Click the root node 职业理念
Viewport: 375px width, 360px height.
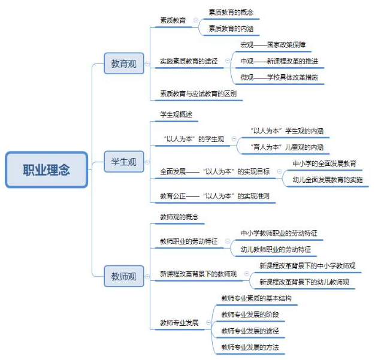(x=47, y=170)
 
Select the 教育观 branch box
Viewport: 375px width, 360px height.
(x=124, y=63)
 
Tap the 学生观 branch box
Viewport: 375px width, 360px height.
(x=124, y=162)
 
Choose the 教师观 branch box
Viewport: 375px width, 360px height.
(x=124, y=276)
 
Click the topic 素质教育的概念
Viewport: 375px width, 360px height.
(x=231, y=12)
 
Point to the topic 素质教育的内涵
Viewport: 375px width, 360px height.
(x=231, y=28)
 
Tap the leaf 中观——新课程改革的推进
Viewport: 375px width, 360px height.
(x=279, y=61)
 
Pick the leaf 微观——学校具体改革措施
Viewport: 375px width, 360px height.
(x=279, y=77)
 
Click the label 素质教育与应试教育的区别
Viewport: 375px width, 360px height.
(x=198, y=94)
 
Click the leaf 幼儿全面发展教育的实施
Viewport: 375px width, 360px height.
(x=327, y=180)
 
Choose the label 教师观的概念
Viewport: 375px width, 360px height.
(x=179, y=216)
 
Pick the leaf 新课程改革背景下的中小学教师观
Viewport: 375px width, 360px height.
(x=307, y=265)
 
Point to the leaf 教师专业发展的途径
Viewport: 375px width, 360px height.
(x=250, y=331)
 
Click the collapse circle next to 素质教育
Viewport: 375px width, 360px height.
(x=195, y=20)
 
